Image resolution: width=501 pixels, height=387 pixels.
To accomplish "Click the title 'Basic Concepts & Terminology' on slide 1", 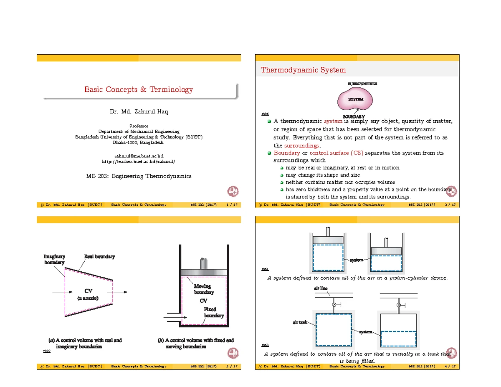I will (x=139, y=89).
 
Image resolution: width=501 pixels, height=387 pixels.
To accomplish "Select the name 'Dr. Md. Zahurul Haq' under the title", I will (x=139, y=111).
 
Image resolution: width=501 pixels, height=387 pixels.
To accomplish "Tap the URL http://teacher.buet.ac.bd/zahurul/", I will (x=139, y=161).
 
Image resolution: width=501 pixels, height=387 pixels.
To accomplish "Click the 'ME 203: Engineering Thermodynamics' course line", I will (x=139, y=176).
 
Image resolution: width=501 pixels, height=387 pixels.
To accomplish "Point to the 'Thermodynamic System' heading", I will (x=303, y=70).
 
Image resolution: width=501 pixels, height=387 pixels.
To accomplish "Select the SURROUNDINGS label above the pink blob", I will (x=362, y=83).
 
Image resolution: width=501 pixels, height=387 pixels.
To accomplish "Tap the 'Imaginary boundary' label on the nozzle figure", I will (x=54, y=259).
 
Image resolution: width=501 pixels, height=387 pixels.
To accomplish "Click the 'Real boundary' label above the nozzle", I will (x=99, y=256).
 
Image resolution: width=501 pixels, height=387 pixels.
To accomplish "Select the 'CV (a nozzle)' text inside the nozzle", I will (x=89, y=294).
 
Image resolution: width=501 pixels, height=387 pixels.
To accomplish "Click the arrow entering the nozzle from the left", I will (x=57, y=292).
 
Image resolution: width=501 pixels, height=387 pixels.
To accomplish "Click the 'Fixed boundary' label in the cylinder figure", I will (x=213, y=312).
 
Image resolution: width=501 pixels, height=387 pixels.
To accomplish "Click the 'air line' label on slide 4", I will (x=321, y=288).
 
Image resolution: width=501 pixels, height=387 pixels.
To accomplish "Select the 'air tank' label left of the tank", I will (x=300, y=322).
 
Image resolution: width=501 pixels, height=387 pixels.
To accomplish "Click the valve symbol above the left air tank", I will (x=334, y=305).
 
